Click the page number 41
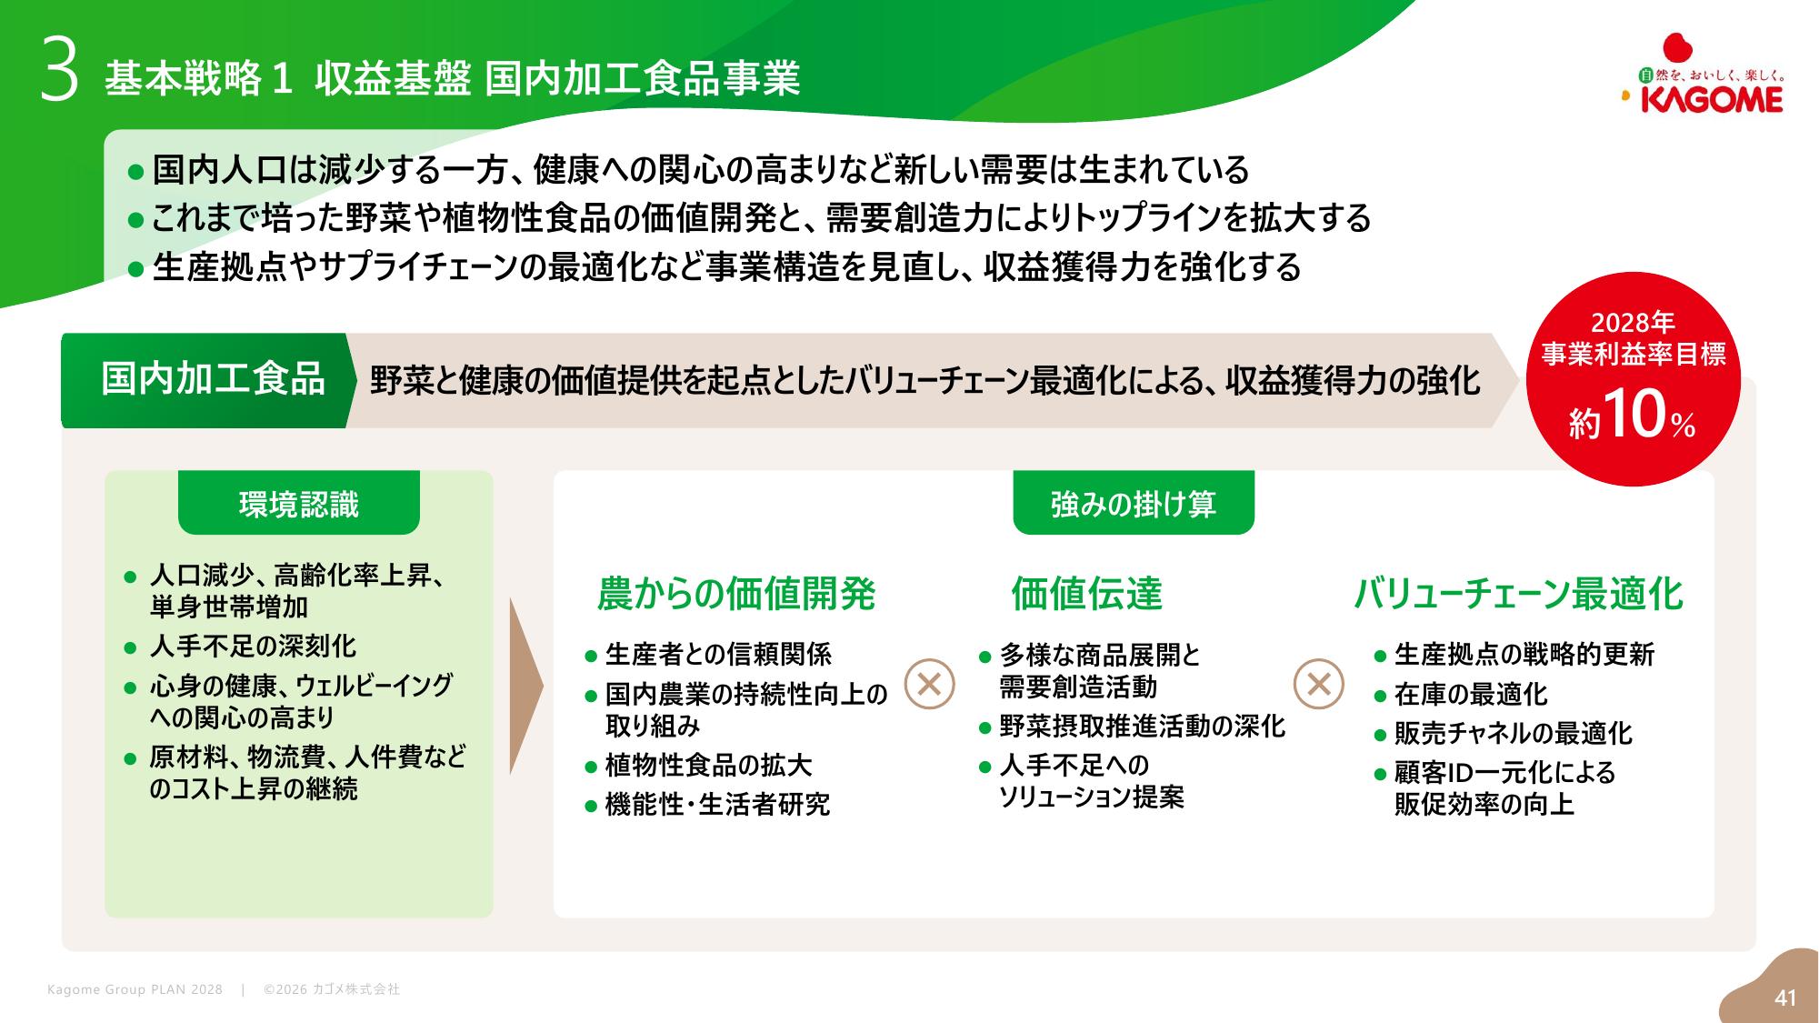pyautogui.click(x=1785, y=998)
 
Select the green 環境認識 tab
pyautogui.click(x=299, y=503)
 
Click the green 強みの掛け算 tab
pyautogui.click(x=1134, y=503)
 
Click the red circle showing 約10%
pyautogui.click(x=1633, y=378)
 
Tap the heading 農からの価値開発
pyautogui.click(x=736, y=594)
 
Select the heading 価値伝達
pyautogui.click(x=1087, y=594)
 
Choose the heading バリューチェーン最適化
pyautogui.click(x=1518, y=594)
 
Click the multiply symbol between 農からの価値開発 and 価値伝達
pyautogui.click(x=929, y=684)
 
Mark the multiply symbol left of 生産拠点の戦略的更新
pyautogui.click(x=1318, y=684)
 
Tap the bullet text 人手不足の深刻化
pyautogui.click(x=253, y=647)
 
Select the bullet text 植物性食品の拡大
pyautogui.click(x=709, y=766)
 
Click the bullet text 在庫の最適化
pyautogui.click(x=1471, y=695)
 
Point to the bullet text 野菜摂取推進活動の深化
pyautogui.click(x=1143, y=727)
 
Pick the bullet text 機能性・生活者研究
pyautogui.click(x=718, y=805)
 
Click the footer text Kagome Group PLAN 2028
pyautogui.click(x=135, y=989)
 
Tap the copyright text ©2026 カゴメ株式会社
pyautogui.click(x=332, y=989)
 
